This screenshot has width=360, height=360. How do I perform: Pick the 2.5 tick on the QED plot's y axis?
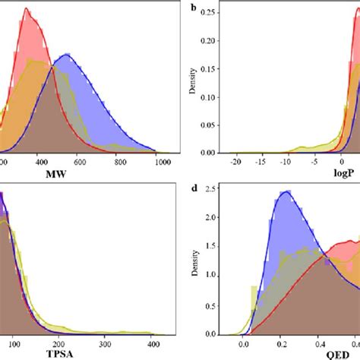[210, 187]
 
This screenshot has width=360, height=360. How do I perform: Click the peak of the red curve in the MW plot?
[27, 9]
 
